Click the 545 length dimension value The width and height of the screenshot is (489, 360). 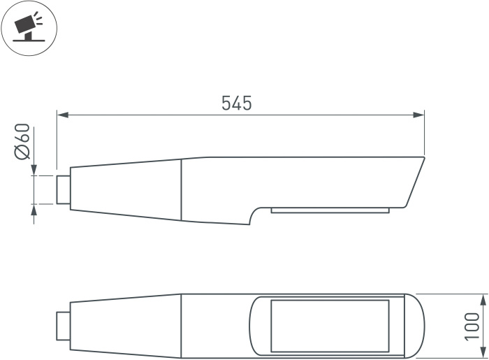pyautogui.click(x=236, y=103)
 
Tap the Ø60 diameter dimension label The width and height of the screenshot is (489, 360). pyautogui.click(x=22, y=141)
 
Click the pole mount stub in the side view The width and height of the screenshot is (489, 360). pyautogui.click(x=64, y=189)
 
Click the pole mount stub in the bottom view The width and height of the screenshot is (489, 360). pyautogui.click(x=64, y=326)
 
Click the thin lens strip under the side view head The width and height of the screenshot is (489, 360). pyautogui.click(x=329, y=210)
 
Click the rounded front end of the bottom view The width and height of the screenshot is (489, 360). pyautogui.click(x=416, y=326)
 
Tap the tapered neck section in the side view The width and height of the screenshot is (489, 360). pyautogui.click(x=126, y=189)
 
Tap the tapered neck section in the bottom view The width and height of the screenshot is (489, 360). pyautogui.click(x=126, y=326)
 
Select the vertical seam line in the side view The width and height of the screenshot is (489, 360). pyautogui.click(x=182, y=189)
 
